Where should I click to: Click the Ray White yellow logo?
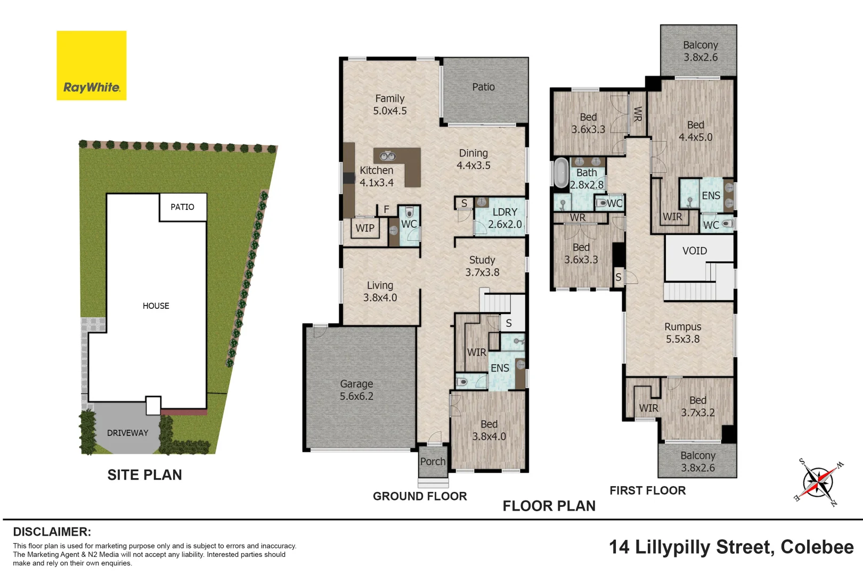pyautogui.click(x=92, y=65)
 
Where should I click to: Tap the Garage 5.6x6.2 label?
pyautogui.click(x=356, y=390)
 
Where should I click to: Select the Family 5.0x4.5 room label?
pyautogui.click(x=389, y=105)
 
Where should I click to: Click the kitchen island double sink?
pyautogui.click(x=387, y=156)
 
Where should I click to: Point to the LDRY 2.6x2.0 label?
pyautogui.click(x=504, y=218)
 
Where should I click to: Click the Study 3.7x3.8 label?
pyautogui.click(x=482, y=266)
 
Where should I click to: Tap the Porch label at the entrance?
pyautogui.click(x=433, y=462)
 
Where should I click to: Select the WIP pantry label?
pyautogui.click(x=365, y=228)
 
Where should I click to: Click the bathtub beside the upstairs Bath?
pyautogui.click(x=561, y=172)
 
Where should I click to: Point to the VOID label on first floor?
pyautogui.click(x=695, y=251)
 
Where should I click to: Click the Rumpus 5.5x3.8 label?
pyautogui.click(x=682, y=333)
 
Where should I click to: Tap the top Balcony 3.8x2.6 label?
pyautogui.click(x=701, y=51)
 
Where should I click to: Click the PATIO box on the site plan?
pyautogui.click(x=182, y=207)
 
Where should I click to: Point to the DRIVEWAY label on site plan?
pyautogui.click(x=127, y=433)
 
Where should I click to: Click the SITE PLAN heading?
pyautogui.click(x=144, y=475)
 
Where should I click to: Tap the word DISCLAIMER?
pyautogui.click(x=52, y=532)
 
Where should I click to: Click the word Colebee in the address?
pyautogui.click(x=817, y=547)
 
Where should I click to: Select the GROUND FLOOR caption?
pyautogui.click(x=420, y=496)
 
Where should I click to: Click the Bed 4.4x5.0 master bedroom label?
pyautogui.click(x=695, y=131)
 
